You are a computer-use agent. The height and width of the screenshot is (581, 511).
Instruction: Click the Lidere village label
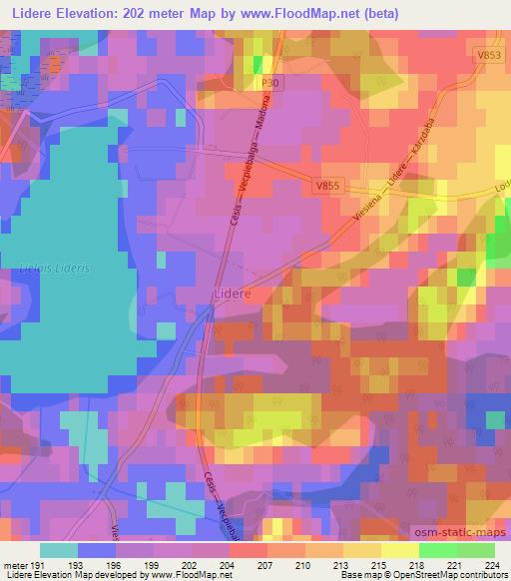(233, 293)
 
